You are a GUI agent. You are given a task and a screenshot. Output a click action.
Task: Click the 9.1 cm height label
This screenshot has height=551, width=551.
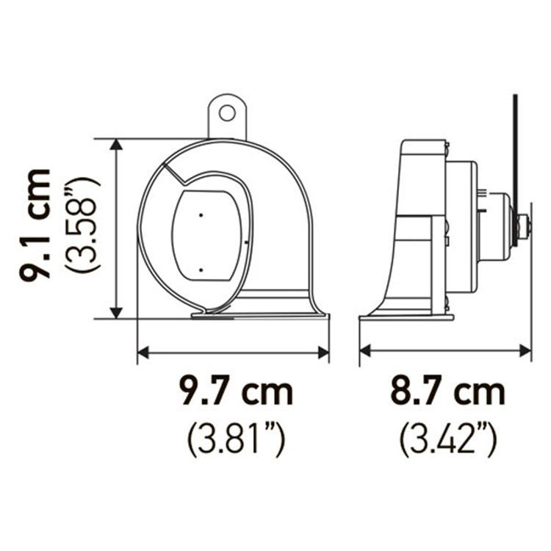[x=35, y=225]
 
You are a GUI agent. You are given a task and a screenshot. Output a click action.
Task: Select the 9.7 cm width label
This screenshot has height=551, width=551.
[x=236, y=391]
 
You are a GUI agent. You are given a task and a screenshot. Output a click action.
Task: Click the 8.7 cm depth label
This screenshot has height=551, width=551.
[x=447, y=391]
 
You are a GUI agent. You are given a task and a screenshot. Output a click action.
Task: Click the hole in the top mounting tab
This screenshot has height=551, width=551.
[x=227, y=113]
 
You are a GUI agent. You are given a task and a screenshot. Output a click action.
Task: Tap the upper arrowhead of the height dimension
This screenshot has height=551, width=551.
[x=116, y=144]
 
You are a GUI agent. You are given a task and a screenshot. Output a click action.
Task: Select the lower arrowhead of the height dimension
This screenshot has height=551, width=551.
[x=116, y=314]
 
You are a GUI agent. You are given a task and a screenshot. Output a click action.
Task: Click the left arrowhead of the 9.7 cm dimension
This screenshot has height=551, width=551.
[x=143, y=352]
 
